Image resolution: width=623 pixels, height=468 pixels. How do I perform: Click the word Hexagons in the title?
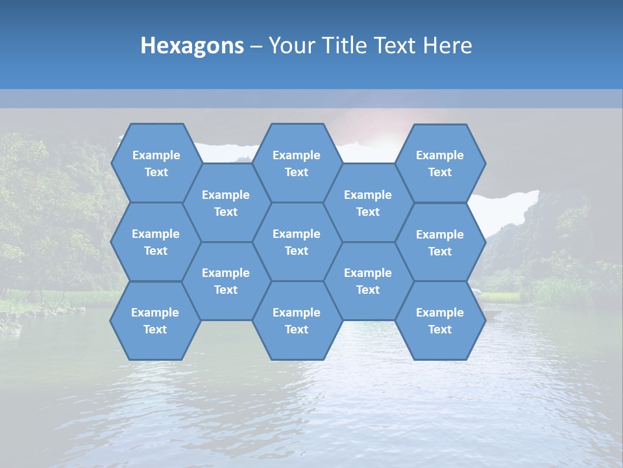point(192,45)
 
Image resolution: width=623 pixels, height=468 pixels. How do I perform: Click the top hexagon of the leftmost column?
point(156,163)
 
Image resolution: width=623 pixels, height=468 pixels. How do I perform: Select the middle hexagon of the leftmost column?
point(156,242)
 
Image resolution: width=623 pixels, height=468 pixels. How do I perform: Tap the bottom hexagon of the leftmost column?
point(155,320)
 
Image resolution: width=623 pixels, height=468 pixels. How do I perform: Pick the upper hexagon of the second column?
point(226,203)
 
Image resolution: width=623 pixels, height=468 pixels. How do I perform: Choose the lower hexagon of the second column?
point(226,281)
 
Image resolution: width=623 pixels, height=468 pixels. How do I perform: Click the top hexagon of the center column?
point(297,163)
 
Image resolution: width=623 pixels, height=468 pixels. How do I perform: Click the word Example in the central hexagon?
point(297,234)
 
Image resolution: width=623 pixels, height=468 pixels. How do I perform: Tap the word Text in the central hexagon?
point(297,251)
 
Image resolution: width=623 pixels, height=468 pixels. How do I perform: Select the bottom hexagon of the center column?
point(297,320)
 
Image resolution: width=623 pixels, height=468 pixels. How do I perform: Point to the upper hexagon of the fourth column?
point(368,203)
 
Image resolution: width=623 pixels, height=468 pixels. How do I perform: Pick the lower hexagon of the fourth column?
point(368,281)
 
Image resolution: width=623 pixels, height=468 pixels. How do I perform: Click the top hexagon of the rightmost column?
point(440,163)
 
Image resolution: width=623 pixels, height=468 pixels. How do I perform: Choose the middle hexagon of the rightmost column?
point(440,242)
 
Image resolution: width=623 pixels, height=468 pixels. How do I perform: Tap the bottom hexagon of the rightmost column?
point(440,320)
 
